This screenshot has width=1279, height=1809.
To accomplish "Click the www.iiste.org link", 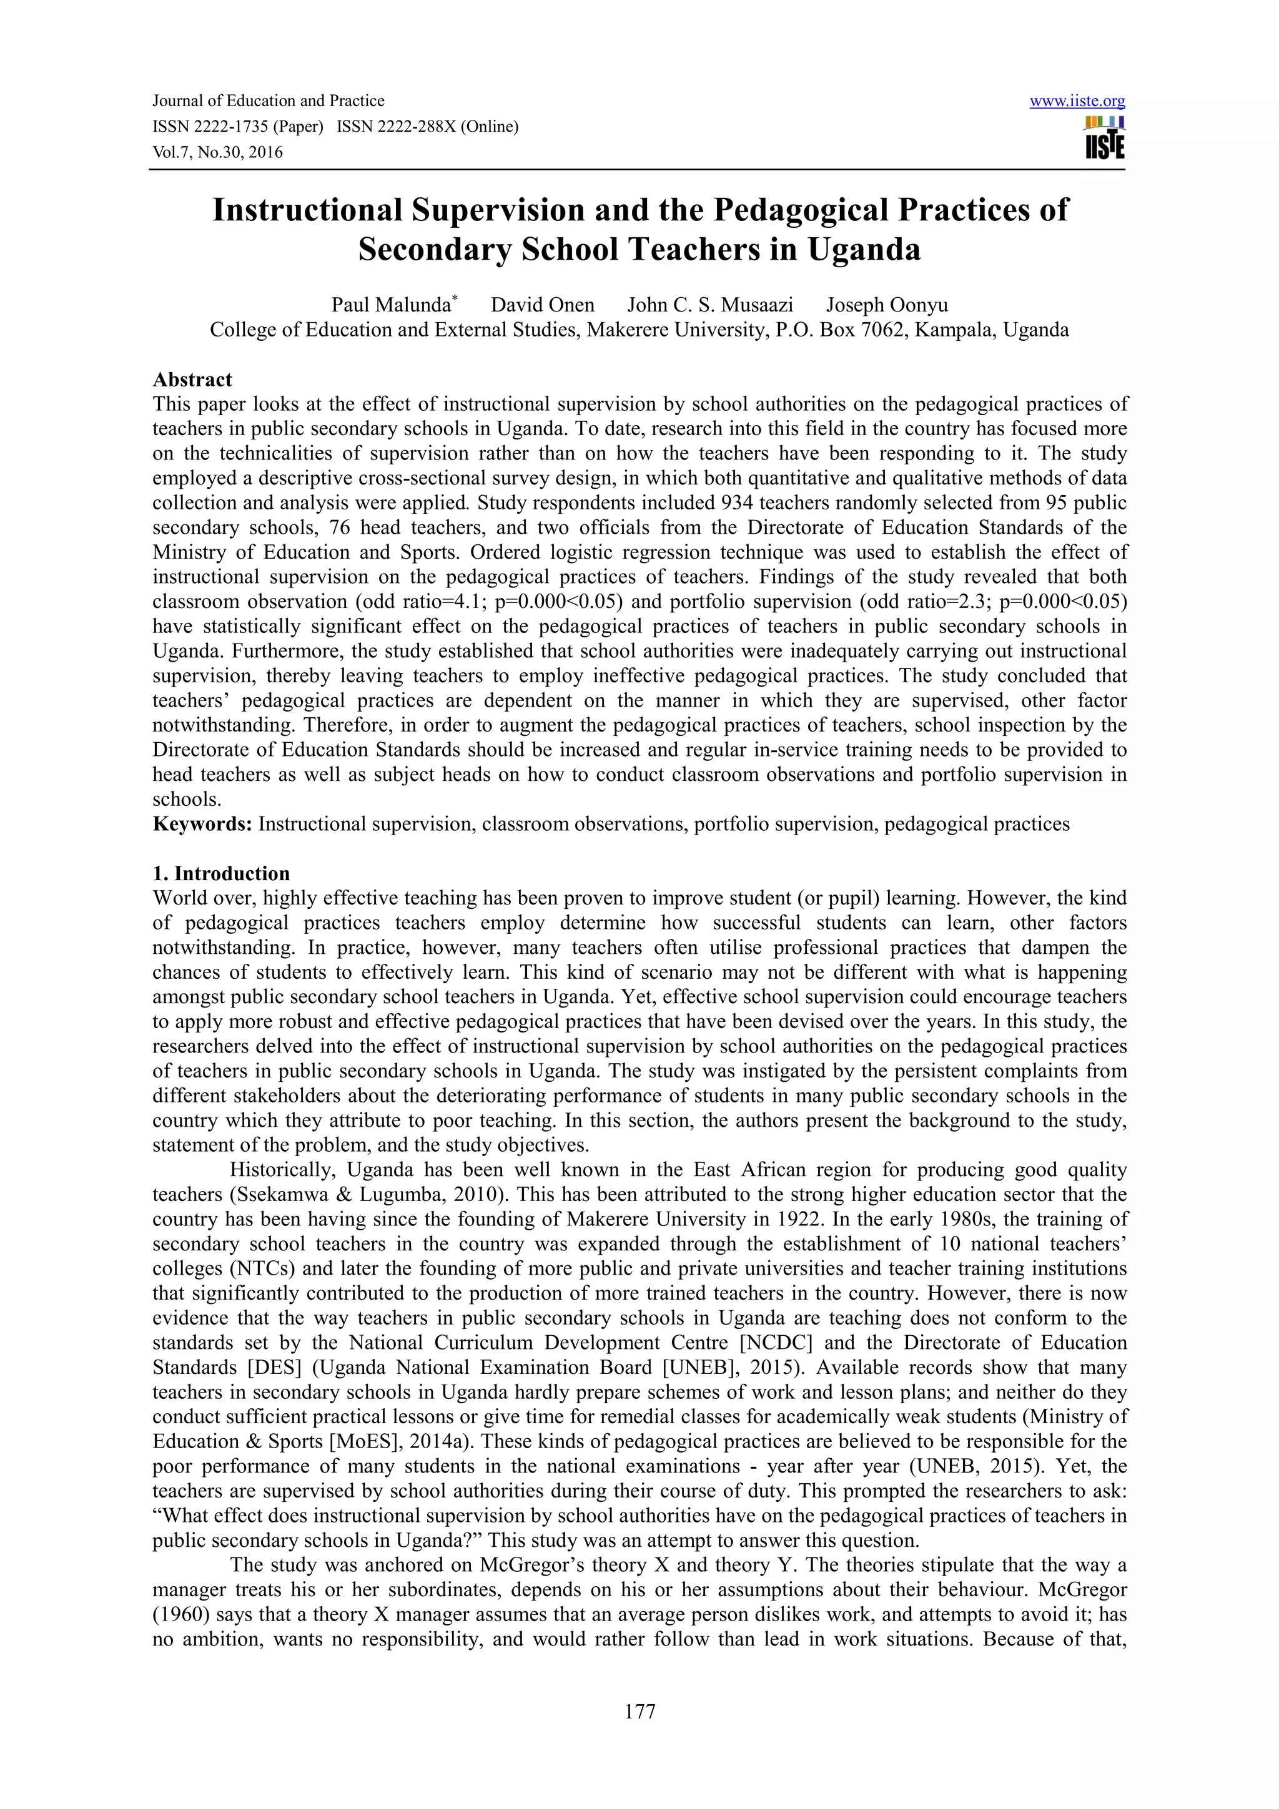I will (1077, 102).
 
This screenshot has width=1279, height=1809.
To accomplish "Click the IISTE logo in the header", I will (1105, 139).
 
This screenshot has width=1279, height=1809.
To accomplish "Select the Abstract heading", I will (192, 380).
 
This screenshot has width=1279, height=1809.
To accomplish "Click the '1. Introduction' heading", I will (222, 874).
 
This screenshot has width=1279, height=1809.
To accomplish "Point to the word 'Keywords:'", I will (202, 824).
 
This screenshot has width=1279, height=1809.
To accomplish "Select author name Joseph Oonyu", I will (887, 305).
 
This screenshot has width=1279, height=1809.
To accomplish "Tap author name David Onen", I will (542, 305).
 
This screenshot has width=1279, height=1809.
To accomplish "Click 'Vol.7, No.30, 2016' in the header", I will (217, 153).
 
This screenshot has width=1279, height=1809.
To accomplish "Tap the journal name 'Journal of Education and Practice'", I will (268, 101).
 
